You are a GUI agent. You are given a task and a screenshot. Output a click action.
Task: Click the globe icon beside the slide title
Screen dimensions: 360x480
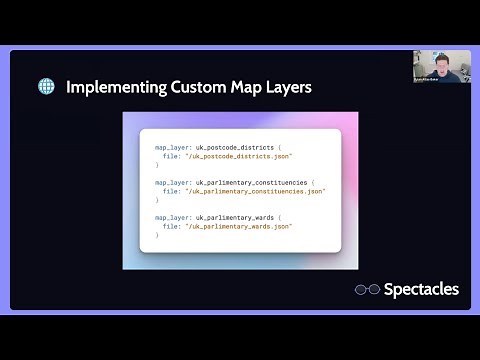click(46, 87)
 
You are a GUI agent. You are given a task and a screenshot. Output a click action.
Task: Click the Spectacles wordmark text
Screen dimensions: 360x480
click(422, 289)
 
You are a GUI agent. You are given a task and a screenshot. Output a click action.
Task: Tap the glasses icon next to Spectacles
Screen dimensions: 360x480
click(368, 290)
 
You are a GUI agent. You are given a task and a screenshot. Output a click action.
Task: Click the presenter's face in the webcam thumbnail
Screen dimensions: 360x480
click(441, 61)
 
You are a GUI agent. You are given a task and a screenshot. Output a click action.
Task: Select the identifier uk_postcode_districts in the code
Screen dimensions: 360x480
click(237, 146)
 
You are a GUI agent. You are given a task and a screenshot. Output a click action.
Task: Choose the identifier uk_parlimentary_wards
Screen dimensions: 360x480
click(239, 216)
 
